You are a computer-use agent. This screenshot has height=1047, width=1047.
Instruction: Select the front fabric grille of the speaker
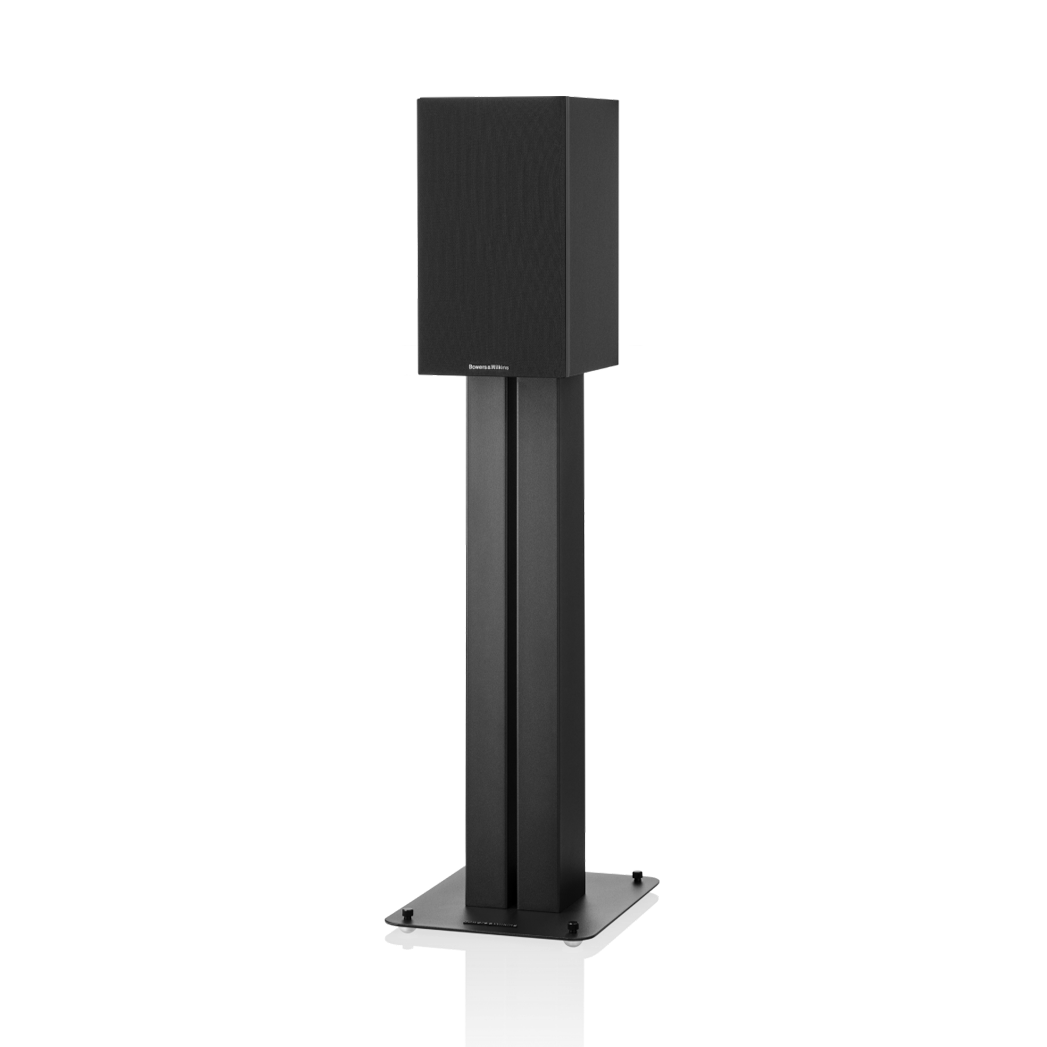click(x=491, y=228)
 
